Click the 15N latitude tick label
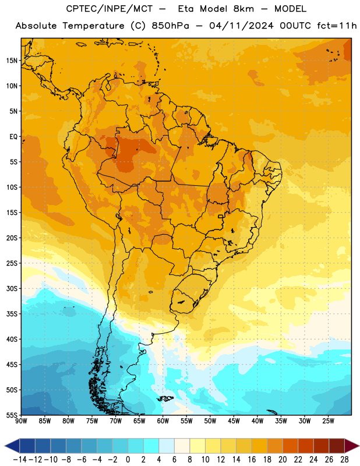pyautogui.click(x=12, y=61)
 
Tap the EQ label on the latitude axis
pyautogui.click(x=13, y=137)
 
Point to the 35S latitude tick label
pyautogui.click(x=12, y=314)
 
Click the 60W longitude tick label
pyautogui.click(x=163, y=421)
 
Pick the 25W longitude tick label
pyautogui.click(x=328, y=421)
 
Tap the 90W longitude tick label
pyautogui.click(x=21, y=421)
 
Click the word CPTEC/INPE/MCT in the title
pyautogui.click(x=110, y=9)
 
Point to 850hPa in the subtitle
pyautogui.click(x=170, y=26)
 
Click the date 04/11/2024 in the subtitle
pyautogui.click(x=241, y=26)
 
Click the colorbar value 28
pyautogui.click(x=344, y=460)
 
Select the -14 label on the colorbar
pyautogui.click(x=20, y=460)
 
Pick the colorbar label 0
pyautogui.click(x=128, y=460)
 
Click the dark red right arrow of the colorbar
pyautogui.click(x=352, y=446)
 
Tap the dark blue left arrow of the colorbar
pyautogui.click(x=12, y=446)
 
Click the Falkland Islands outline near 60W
pyautogui.click(x=165, y=398)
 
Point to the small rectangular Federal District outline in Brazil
pyautogui.click(x=221, y=216)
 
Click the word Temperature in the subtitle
pyautogui.click(x=93, y=26)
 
